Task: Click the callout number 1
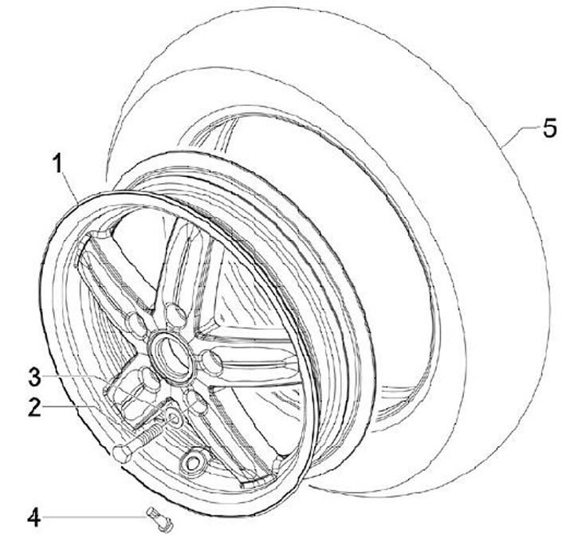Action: (x=57, y=165)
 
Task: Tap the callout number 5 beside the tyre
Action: (x=549, y=129)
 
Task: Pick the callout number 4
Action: (x=33, y=518)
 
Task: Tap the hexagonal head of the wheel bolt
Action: (x=123, y=453)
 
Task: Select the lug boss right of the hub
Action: (x=212, y=362)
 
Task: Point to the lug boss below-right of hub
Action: (x=195, y=401)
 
